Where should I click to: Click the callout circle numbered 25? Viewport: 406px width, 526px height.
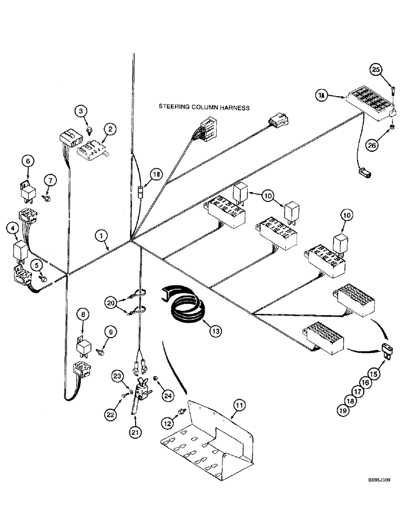[389, 69]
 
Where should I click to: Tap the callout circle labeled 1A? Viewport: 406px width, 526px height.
[321, 95]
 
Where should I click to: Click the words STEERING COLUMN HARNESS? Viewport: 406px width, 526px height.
[204, 106]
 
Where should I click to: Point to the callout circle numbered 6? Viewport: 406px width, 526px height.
[28, 160]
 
